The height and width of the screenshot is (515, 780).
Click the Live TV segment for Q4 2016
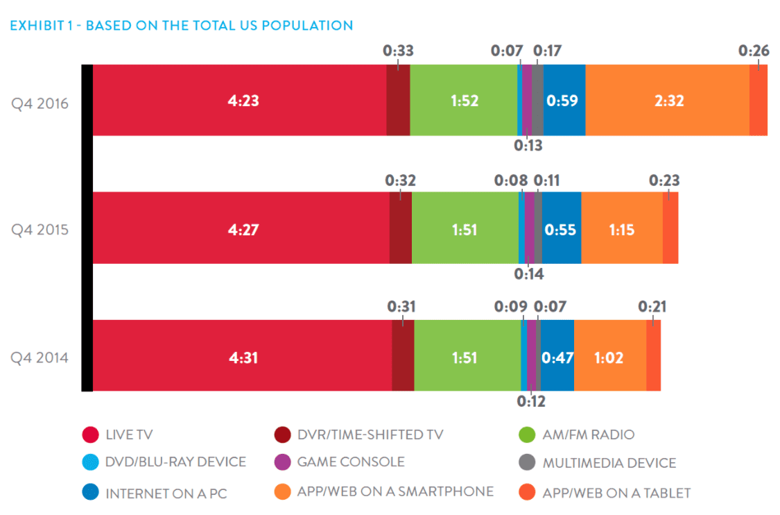coord(239,100)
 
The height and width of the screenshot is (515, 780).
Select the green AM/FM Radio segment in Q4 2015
coord(465,228)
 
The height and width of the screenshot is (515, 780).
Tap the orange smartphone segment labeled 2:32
coord(667,100)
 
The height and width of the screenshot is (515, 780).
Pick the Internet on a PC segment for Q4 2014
coord(557,357)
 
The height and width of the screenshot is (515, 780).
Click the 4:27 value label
coord(243,228)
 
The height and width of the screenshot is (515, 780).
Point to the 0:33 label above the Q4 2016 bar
coord(398,51)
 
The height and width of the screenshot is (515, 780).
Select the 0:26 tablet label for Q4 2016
coord(754,51)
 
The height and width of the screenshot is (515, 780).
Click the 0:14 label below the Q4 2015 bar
coord(528,273)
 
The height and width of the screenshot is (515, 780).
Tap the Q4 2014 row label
coord(40,357)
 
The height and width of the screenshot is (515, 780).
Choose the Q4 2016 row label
coord(40,102)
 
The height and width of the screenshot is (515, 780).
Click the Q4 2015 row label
coord(40,230)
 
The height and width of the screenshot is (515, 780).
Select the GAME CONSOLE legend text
coord(350,462)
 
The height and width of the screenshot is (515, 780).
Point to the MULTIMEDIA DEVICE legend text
coord(609,462)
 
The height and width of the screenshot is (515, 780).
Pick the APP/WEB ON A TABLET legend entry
coord(616,493)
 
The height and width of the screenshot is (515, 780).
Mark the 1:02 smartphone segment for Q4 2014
coord(609,357)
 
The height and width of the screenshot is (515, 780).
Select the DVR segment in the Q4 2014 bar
coord(403,355)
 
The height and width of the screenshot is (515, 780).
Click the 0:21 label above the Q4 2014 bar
coord(652,306)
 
